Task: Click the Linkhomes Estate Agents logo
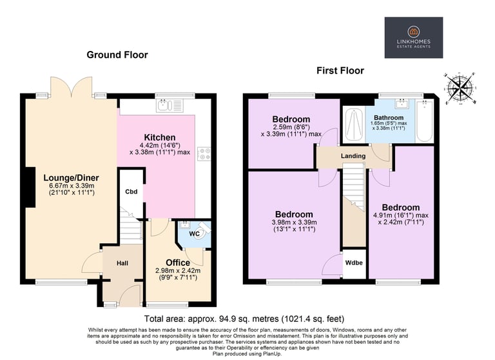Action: [x=414, y=37]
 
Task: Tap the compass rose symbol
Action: [x=460, y=88]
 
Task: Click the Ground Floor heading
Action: [x=117, y=55]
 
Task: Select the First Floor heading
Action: [x=340, y=70]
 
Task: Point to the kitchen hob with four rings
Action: [x=204, y=154]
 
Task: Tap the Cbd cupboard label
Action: [x=131, y=192]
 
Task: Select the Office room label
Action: [x=178, y=263]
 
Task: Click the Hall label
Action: [x=122, y=263]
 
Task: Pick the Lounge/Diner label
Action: [x=72, y=177]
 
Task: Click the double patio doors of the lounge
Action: [x=72, y=86]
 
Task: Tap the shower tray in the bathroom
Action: [x=354, y=125]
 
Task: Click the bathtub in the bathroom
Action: [x=425, y=121]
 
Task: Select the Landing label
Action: [x=353, y=156]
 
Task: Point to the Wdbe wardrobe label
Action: [x=354, y=263]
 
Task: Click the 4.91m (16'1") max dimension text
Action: [x=401, y=215]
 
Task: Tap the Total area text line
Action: [x=244, y=319]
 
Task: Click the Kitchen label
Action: [x=160, y=137]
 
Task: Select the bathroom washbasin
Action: [x=402, y=103]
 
